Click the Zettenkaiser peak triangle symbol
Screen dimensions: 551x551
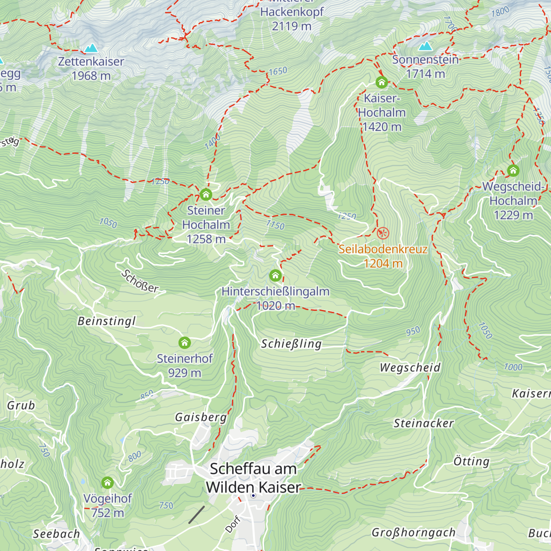pos(91,48)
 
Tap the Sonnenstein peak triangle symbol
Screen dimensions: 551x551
pos(425,46)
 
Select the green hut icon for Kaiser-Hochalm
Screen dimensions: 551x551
pos(381,83)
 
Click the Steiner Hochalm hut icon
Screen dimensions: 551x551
pos(206,195)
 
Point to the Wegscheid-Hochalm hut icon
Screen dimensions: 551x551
pos(513,171)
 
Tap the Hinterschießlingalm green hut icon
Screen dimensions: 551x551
pos(275,275)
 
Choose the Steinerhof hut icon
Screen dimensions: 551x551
pos(185,343)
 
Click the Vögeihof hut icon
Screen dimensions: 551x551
pos(107,483)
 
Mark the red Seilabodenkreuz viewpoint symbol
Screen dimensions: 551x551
pos(382,233)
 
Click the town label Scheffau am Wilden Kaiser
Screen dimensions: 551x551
pos(253,478)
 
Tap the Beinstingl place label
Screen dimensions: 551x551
pos(107,321)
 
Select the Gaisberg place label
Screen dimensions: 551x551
pos(201,417)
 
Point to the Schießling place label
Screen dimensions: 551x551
pos(291,343)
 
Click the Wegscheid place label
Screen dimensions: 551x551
pos(410,367)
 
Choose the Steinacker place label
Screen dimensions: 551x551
pos(423,423)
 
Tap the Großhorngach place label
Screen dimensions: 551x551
pos(413,532)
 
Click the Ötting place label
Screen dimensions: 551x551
pos(471,461)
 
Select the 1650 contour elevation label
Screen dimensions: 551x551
pos(278,71)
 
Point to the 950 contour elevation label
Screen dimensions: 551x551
pos(413,331)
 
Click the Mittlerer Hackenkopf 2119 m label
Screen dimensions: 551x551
pos(292,18)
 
